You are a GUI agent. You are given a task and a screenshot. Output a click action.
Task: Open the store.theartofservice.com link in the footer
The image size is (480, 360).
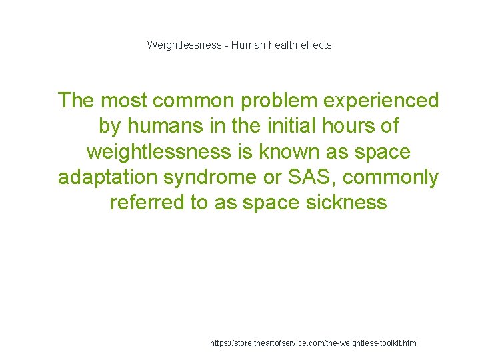313,343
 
